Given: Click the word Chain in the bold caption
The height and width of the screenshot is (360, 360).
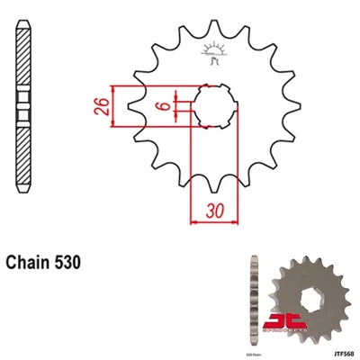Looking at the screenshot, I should [31, 263].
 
